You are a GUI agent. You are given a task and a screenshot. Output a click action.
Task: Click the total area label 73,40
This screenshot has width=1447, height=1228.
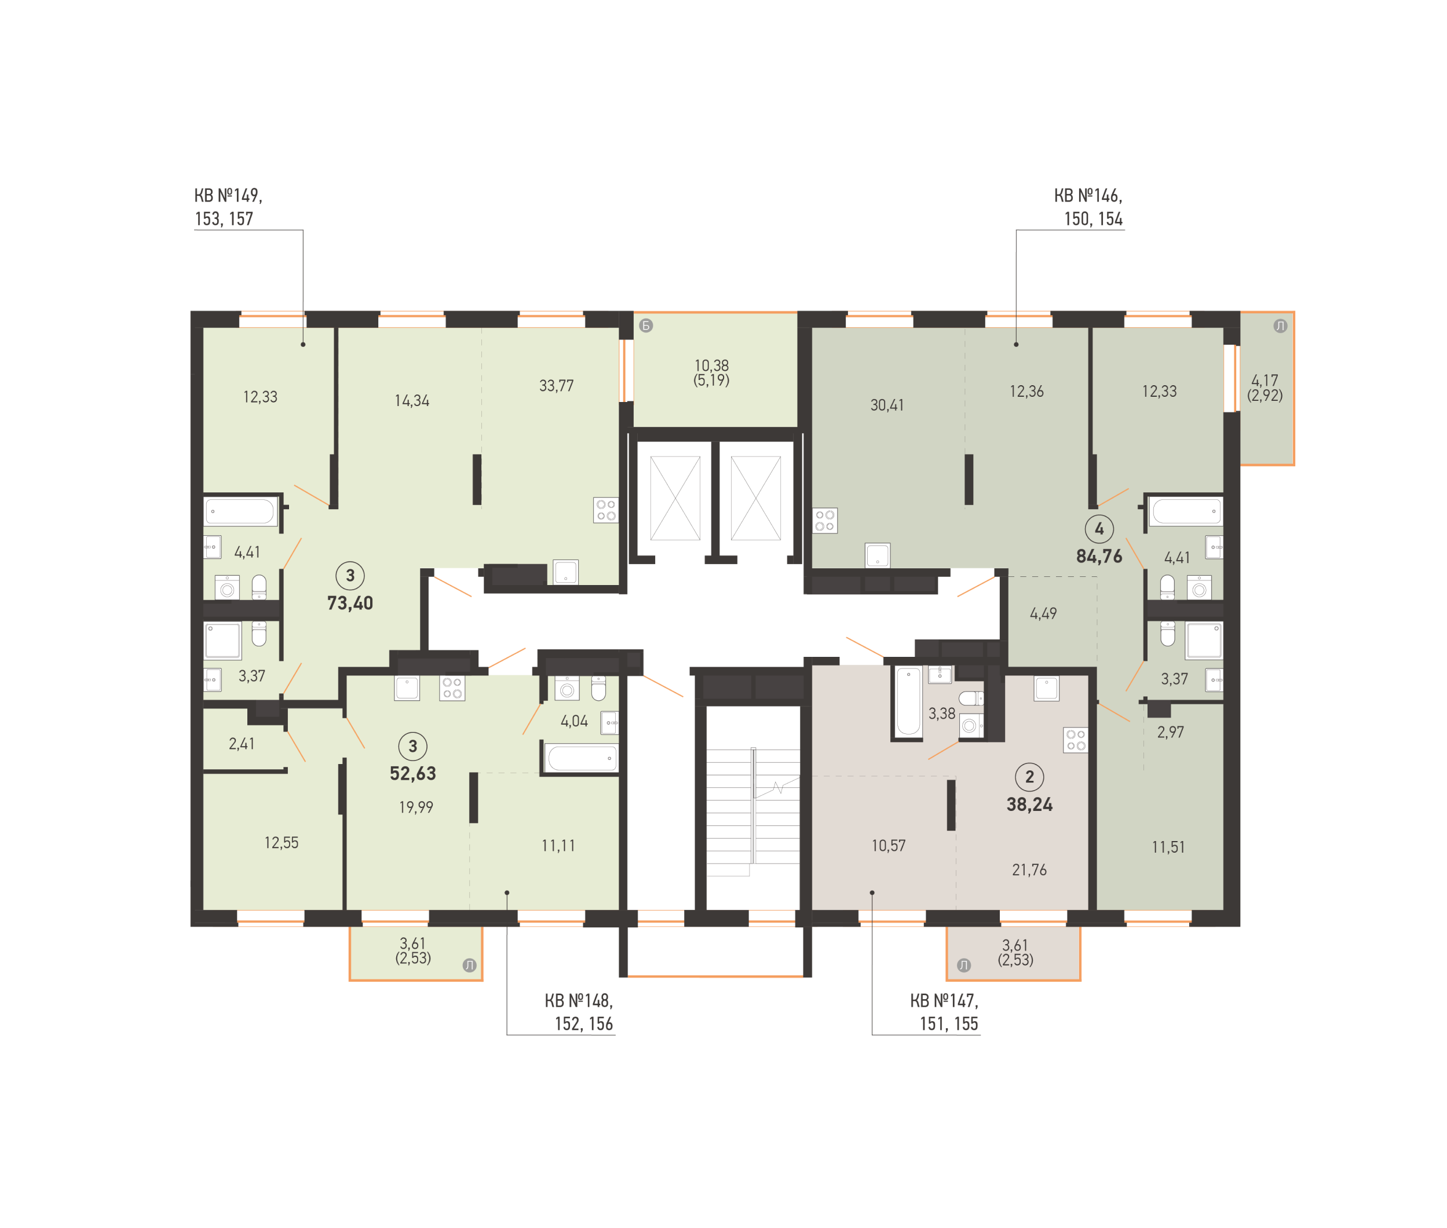tap(349, 603)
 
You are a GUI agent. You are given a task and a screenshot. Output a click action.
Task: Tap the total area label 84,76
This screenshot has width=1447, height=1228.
tap(1099, 556)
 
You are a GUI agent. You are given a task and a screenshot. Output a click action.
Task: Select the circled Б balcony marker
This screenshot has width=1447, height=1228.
tap(646, 326)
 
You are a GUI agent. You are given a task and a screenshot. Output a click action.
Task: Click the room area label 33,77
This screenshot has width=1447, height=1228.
tap(556, 386)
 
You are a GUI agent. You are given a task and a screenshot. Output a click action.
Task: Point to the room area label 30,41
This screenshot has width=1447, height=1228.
tap(887, 405)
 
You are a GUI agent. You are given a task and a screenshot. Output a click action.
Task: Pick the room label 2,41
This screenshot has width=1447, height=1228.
tap(242, 744)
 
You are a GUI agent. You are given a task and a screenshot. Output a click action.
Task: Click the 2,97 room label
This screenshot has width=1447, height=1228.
tap(1170, 732)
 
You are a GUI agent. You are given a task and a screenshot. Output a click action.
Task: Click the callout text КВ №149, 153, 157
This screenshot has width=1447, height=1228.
tap(228, 207)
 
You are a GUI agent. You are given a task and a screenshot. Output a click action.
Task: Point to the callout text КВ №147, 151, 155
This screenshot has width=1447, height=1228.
tap(944, 1012)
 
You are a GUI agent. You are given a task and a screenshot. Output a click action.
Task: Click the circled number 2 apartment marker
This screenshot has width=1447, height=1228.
tap(1029, 777)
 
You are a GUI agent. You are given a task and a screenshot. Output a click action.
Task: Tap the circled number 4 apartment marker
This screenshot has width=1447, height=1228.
tap(1099, 529)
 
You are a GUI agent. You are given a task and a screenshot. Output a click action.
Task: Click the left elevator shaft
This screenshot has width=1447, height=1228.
tap(674, 498)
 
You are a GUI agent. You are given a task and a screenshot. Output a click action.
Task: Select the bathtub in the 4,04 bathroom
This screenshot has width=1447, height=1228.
tap(581, 758)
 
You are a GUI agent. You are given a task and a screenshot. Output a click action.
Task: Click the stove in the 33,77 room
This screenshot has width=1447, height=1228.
tap(605, 510)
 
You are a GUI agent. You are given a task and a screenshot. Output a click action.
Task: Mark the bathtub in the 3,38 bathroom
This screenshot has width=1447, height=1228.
tap(908, 701)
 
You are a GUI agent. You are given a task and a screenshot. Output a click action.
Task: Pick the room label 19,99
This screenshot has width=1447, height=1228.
tap(415, 807)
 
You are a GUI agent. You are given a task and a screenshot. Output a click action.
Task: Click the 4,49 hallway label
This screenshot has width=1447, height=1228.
tap(1043, 614)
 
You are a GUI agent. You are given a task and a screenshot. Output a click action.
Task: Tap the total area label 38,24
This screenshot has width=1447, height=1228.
tap(1029, 805)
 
